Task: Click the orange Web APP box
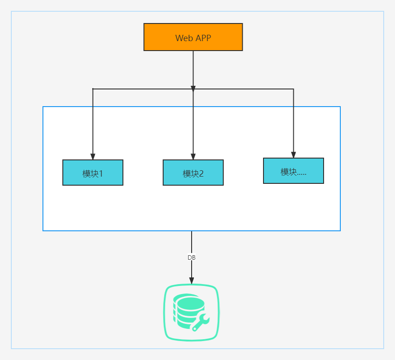point(193,37)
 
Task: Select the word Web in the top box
point(184,38)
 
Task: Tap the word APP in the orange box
point(203,38)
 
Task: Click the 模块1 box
point(93,173)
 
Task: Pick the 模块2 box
point(193,173)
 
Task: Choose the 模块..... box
point(293,171)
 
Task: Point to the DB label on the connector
point(192,257)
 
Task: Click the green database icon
point(192,313)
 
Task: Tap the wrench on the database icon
point(201,322)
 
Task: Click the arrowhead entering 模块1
point(93,156)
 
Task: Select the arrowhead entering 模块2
point(193,156)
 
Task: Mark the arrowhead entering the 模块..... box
point(293,155)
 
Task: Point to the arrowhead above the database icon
point(192,281)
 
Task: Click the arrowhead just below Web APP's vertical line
point(193,89)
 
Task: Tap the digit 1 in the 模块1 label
point(101,174)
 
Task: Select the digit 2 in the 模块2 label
point(201,174)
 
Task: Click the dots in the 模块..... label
point(301,174)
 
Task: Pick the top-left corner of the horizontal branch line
point(93,89)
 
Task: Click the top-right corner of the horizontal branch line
point(293,89)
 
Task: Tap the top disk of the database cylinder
point(189,300)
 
